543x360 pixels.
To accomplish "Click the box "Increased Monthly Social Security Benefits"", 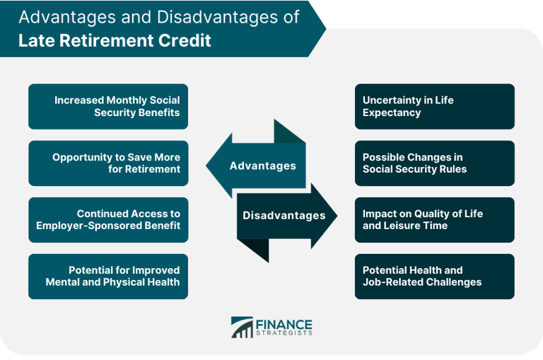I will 108,107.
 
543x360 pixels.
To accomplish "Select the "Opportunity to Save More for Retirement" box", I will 108,163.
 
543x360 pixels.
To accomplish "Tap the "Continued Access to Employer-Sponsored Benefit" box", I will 108,220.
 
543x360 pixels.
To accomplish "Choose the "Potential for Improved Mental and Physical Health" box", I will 108,277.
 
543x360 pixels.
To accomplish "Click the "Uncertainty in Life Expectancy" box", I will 434,107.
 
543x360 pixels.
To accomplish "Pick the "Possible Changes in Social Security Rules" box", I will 434,163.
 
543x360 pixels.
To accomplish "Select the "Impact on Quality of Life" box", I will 434,220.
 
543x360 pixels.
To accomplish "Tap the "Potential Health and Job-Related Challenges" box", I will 434,277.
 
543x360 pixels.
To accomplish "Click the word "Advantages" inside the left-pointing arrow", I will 262,166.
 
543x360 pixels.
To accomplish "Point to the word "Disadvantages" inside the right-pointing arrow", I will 284,216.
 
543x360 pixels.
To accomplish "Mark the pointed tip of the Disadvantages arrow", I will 337,216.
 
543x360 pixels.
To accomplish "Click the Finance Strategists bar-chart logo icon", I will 242,327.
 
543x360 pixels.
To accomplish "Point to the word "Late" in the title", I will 35,40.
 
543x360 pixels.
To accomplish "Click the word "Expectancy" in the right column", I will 392,113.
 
